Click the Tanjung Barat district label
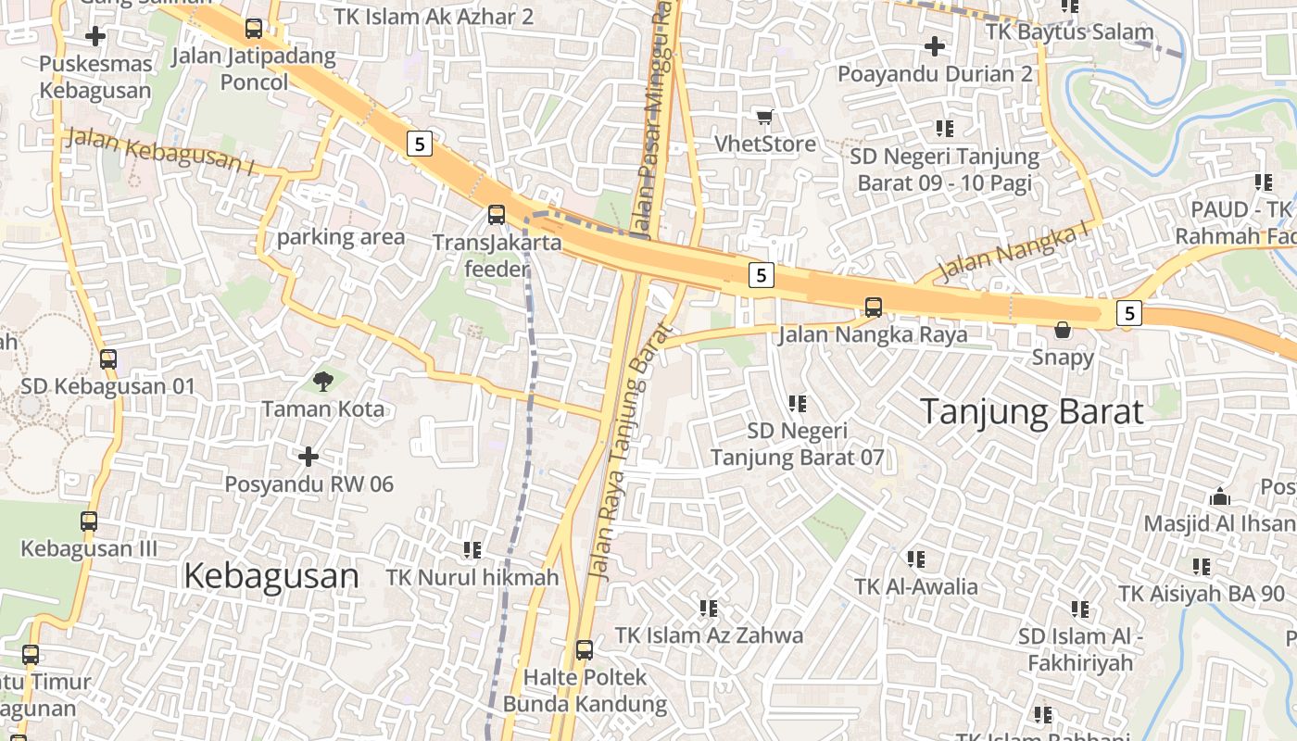[1032, 411]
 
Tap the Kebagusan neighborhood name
[271, 576]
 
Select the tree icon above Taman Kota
[322, 380]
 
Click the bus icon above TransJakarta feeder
[497, 215]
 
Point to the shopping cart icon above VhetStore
[764, 117]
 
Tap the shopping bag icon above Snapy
[1063, 330]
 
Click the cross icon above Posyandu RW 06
[309, 456]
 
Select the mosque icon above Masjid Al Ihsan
[1220, 496]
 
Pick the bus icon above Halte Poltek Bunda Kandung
[584, 649]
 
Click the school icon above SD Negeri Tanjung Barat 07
[797, 404]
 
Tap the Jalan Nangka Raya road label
[872, 334]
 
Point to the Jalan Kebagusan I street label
[162, 151]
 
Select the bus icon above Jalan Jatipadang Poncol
[254, 29]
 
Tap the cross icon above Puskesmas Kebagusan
[94, 37]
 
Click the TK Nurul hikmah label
[472, 578]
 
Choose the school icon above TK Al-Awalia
[916, 559]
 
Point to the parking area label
[341, 237]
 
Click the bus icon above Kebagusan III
[89, 521]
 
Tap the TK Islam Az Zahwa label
[709, 635]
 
